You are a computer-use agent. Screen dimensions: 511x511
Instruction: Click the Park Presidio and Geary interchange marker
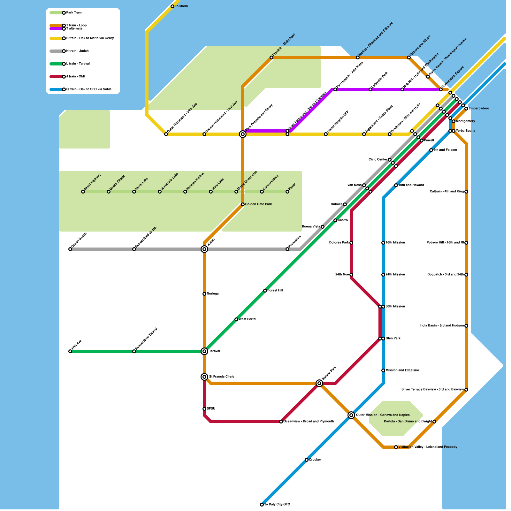(243, 134)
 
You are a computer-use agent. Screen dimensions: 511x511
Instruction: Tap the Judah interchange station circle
(204, 249)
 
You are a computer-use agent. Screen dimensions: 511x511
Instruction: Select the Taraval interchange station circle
(204, 351)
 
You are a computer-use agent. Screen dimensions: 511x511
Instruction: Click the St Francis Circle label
(222, 377)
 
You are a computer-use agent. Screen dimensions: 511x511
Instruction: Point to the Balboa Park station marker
(319, 383)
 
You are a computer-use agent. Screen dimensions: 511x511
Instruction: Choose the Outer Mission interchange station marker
(351, 415)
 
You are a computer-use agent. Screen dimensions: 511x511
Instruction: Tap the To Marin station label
(181, 6)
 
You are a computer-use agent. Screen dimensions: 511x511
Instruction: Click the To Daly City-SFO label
(277, 505)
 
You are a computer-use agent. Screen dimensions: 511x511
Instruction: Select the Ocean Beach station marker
(70, 249)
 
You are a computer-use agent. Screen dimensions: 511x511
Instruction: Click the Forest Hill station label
(275, 291)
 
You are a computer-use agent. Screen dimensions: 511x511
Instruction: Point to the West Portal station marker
(236, 319)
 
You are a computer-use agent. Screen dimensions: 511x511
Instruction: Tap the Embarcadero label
(479, 109)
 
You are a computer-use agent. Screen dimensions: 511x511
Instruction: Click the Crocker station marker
(307, 460)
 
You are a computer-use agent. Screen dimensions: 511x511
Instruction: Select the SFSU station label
(211, 409)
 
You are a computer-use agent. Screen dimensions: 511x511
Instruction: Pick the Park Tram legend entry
(73, 13)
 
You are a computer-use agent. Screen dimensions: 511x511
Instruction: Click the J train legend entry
(75, 77)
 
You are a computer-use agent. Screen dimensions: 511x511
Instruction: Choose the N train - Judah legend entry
(77, 51)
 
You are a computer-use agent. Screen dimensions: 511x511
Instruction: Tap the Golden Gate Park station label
(258, 204)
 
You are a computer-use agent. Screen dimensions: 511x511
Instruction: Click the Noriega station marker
(204, 294)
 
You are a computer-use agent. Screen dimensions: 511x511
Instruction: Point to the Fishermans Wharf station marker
(409, 57)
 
